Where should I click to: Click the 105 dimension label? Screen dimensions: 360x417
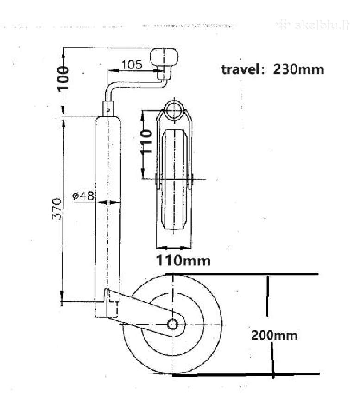[132, 64]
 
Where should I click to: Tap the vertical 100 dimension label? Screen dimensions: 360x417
[63, 79]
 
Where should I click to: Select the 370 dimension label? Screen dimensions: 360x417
[57, 208]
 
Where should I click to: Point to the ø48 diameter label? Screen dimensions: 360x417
[83, 196]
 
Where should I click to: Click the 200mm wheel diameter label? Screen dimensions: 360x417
[274, 335]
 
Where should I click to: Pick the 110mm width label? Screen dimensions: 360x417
[183, 260]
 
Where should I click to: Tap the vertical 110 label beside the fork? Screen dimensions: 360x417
[146, 141]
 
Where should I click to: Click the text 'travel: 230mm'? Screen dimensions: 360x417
[272, 69]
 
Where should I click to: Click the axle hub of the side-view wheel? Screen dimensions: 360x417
[172, 324]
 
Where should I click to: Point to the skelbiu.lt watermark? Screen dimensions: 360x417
[313, 25]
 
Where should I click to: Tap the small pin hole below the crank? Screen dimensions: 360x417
[108, 109]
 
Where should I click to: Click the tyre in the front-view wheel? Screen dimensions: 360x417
[174, 179]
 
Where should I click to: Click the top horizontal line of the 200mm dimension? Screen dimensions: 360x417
[242, 274]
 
